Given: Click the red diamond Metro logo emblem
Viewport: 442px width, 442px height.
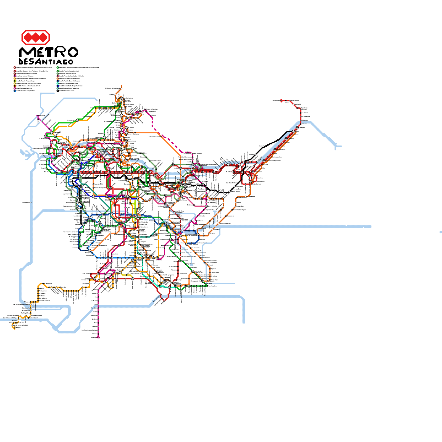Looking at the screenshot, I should pyautogui.click(x=35, y=37).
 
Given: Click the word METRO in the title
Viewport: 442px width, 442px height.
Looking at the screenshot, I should pyautogui.click(x=48, y=52).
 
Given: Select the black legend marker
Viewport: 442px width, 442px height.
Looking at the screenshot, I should pyautogui.click(x=58, y=91).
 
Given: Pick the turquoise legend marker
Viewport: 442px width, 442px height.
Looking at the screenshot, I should pyautogui.click(x=58, y=83).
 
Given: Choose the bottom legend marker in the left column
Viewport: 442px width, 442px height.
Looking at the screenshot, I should pyautogui.click(x=15, y=91).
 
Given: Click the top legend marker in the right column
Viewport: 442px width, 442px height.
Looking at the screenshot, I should pyautogui.click(x=58, y=67).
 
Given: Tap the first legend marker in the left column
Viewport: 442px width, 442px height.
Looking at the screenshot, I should pyautogui.click(x=15, y=67).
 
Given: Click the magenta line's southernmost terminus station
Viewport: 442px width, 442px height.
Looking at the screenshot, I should pyautogui.click(x=98, y=337).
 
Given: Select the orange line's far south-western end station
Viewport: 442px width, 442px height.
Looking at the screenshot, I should pyautogui.click(x=14, y=328).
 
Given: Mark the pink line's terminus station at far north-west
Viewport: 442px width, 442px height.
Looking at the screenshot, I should pyautogui.click(x=38, y=115).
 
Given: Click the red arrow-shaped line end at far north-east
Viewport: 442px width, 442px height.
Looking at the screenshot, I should pyautogui.click(x=281, y=101).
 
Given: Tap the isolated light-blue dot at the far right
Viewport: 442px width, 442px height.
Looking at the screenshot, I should pyautogui.click(x=441, y=232).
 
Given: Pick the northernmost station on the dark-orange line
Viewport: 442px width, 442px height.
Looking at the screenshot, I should pyautogui.click(x=121, y=87).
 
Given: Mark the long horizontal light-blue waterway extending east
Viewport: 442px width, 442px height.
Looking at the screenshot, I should pyautogui.click(x=290, y=227).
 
